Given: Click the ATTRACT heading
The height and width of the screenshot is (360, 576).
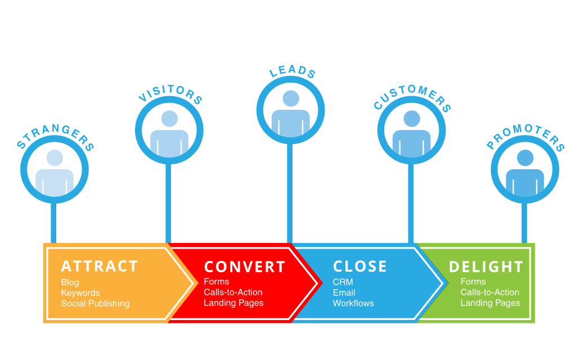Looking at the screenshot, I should tap(100, 266).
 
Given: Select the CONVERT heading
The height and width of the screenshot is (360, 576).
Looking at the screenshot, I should tap(245, 267).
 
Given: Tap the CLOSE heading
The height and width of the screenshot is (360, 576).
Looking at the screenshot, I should tap(360, 266).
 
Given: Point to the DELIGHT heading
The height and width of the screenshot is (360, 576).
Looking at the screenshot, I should tap(486, 266).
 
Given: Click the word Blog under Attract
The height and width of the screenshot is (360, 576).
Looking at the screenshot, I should tap(70, 282).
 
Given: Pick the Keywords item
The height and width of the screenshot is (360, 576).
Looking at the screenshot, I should tap(80, 293).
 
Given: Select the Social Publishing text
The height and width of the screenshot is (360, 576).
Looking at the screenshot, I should tap(95, 304).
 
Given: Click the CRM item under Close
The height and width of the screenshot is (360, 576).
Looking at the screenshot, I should tap(343, 282).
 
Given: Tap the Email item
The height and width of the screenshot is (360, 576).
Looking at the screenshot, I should tap(344, 292).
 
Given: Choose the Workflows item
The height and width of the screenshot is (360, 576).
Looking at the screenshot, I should tap(353, 304).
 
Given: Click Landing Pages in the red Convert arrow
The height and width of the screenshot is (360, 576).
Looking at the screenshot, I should tap(233, 303).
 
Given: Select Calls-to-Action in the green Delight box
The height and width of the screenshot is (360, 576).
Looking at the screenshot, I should tap(490, 292).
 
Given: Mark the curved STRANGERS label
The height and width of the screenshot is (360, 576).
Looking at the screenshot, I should tap(55, 136).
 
